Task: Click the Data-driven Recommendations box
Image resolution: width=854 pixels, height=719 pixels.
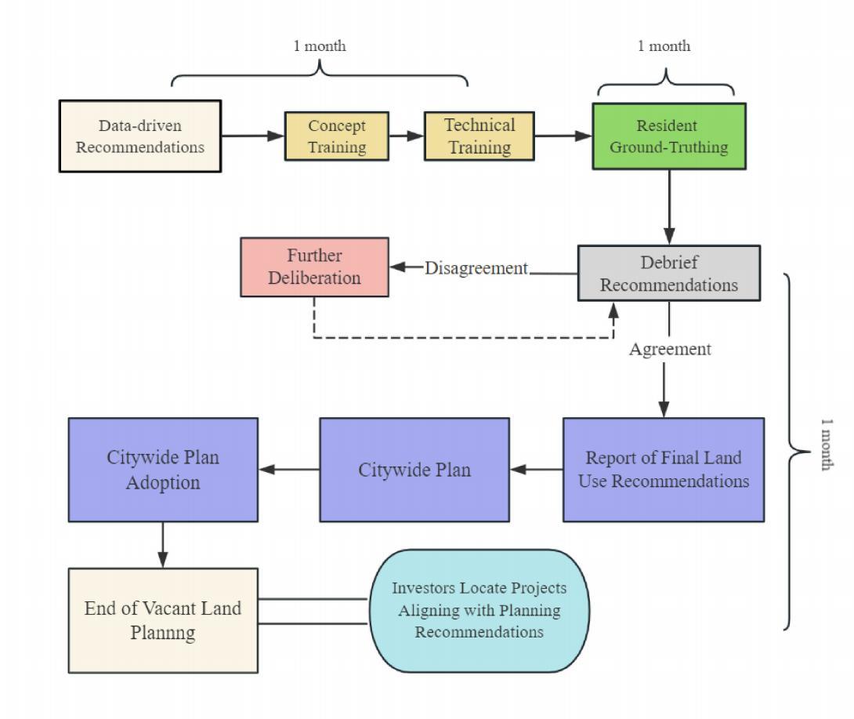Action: (x=140, y=136)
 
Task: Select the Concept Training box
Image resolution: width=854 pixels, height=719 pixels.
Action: (x=336, y=136)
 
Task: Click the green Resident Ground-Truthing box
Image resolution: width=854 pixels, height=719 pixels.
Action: (x=668, y=136)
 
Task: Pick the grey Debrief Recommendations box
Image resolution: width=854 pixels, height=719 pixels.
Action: (x=668, y=273)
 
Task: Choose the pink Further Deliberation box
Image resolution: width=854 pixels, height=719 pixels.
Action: (x=314, y=267)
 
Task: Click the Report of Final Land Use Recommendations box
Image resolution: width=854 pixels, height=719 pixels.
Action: (x=663, y=469)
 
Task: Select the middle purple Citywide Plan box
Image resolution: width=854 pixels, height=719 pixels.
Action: (x=414, y=469)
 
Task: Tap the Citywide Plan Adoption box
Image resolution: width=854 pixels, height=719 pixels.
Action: (x=163, y=469)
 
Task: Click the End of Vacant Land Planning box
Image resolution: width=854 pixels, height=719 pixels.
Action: (x=163, y=620)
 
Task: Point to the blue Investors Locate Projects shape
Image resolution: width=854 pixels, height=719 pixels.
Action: (x=479, y=610)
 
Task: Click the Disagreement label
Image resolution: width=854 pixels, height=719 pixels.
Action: (x=476, y=268)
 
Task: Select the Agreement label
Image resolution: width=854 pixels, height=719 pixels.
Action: (x=670, y=350)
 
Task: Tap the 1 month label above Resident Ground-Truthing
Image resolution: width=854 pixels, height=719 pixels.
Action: (x=664, y=46)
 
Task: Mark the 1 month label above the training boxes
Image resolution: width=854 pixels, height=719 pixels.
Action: (x=319, y=46)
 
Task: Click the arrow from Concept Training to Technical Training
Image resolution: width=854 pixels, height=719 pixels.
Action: (x=406, y=136)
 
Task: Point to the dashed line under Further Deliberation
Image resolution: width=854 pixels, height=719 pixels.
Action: (x=462, y=338)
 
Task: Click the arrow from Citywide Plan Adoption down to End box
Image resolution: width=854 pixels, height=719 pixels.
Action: (x=163, y=544)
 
